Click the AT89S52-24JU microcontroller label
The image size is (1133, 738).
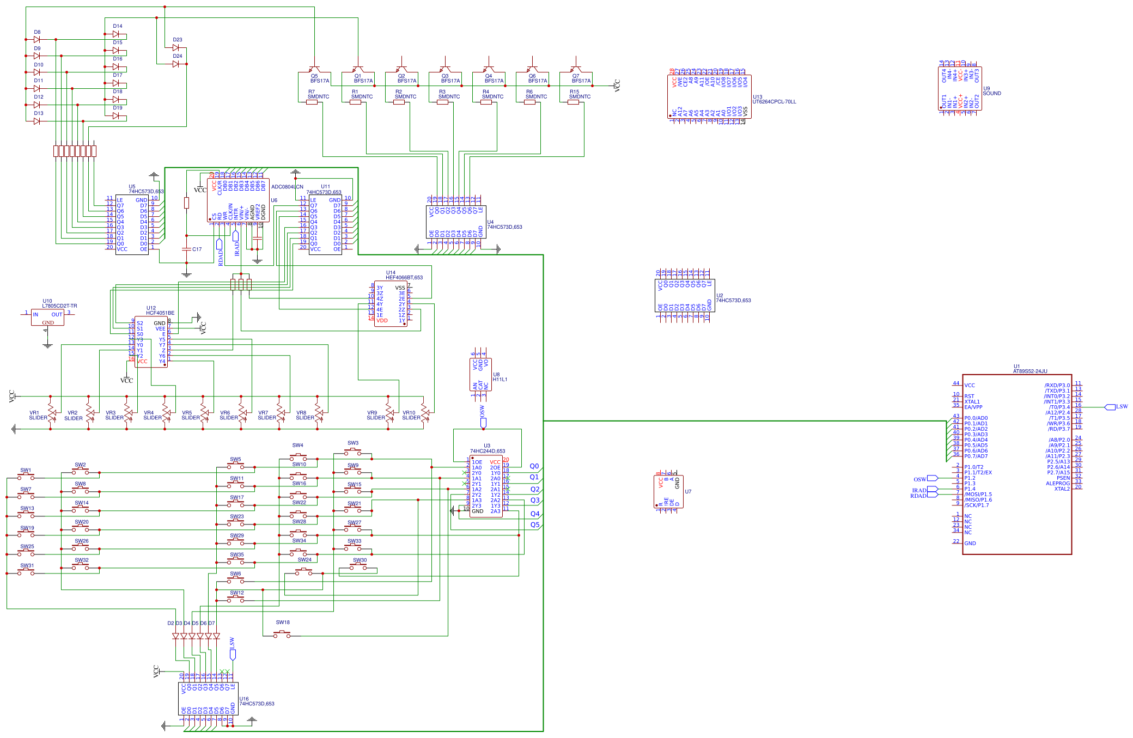tap(1030, 371)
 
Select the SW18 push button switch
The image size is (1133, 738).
tap(282, 634)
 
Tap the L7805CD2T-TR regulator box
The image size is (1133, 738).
tap(47, 318)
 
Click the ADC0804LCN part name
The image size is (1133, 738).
tap(287, 187)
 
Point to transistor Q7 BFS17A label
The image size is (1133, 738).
tap(581, 81)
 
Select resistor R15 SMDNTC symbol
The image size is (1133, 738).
tap(573, 102)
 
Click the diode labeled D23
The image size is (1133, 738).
tap(175, 47)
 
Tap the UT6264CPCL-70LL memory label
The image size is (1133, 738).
tap(773, 102)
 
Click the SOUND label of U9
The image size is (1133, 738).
tap(992, 94)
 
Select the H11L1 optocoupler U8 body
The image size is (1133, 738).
tap(480, 374)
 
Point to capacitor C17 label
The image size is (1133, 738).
tap(197, 249)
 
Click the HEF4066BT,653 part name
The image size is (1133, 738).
tap(404, 278)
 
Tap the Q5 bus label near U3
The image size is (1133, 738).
tap(534, 525)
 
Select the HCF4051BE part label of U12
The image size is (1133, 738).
tap(160, 313)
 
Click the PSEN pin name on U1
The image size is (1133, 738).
tap(1063, 478)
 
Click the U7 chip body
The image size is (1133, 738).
tap(668, 491)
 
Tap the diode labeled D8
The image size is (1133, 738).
tap(37, 39)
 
